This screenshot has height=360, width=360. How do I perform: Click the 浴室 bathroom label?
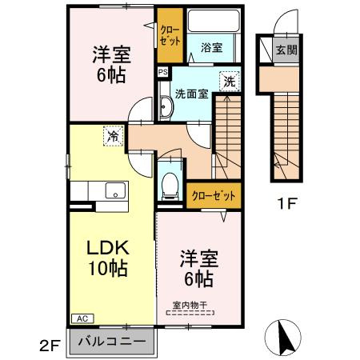coord(212,48)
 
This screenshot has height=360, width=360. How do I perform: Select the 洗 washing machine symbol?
coord(229,81)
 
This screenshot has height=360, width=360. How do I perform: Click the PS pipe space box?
coord(162,71)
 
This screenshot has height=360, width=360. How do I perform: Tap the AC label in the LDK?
coord(82,318)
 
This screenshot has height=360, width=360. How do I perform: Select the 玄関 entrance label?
coord(286,50)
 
